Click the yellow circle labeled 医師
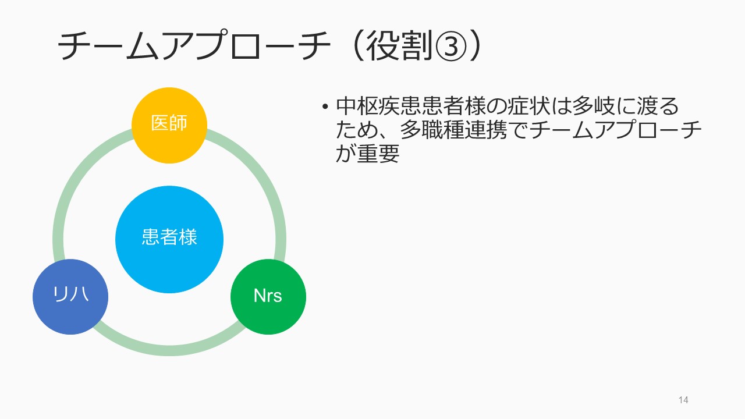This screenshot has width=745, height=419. tap(169, 125)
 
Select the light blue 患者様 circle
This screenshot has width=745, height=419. tap(169, 239)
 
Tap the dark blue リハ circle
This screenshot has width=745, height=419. tap(70, 297)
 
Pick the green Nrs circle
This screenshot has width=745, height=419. tap(268, 297)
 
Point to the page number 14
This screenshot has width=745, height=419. tap(683, 400)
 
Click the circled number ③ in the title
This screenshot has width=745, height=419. tap(450, 46)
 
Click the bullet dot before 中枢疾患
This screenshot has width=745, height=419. tap(325, 106)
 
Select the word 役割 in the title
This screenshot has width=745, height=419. tap(399, 46)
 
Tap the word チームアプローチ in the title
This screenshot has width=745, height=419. tap(194, 45)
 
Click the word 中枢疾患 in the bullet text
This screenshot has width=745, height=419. tap(378, 106)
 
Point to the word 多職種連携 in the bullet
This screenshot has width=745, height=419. tap(453, 130)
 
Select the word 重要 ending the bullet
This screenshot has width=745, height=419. tap(378, 154)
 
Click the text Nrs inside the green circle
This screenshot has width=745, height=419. tap(268, 296)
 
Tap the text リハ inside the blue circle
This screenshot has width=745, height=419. tap(71, 294)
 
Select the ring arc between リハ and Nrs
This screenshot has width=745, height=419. tap(169, 351)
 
